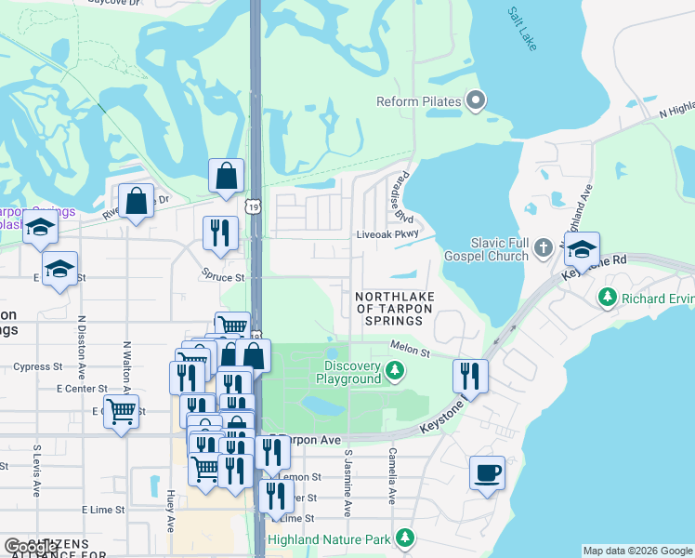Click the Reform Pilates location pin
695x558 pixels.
click(x=476, y=100)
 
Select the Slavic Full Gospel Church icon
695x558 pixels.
click(x=544, y=248)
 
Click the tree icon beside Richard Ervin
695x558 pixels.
click(x=608, y=299)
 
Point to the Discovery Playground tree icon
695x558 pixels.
click(x=395, y=372)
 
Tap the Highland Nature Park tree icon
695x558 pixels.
click(x=404, y=538)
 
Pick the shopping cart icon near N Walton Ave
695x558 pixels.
click(x=121, y=411)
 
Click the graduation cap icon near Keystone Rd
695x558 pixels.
click(x=582, y=249)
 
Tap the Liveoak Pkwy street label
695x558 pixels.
click(x=389, y=235)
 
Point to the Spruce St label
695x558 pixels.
click(x=223, y=276)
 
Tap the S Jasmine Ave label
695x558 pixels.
click(x=347, y=484)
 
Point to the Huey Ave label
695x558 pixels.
click(x=171, y=511)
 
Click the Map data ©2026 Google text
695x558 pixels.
click(x=636, y=551)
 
